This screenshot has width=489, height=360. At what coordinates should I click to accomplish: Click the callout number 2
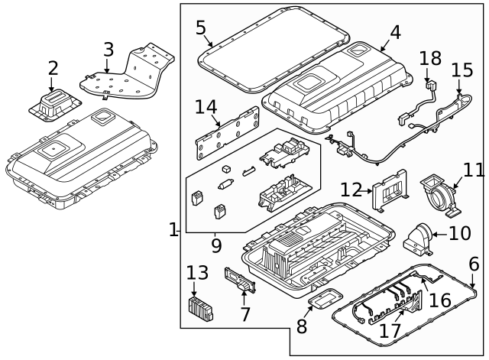coord(53,68)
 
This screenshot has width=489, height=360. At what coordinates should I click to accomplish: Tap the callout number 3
coord(108,51)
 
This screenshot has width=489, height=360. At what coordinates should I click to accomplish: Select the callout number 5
coord(201,28)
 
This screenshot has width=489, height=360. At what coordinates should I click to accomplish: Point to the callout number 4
coord(394,32)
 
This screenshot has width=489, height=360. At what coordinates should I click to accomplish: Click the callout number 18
coord(430,58)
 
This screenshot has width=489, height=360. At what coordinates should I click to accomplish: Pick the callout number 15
coord(462,70)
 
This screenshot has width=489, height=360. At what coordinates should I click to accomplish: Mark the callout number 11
coord(474,169)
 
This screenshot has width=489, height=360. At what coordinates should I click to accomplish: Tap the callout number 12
coord(351,189)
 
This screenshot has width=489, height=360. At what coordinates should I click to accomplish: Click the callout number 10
coord(460,232)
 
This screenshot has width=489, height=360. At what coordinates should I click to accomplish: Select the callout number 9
coord(216,246)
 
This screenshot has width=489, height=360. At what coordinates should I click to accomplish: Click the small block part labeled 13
coord(200,310)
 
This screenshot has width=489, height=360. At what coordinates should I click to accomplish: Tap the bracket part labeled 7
coord(238,281)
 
